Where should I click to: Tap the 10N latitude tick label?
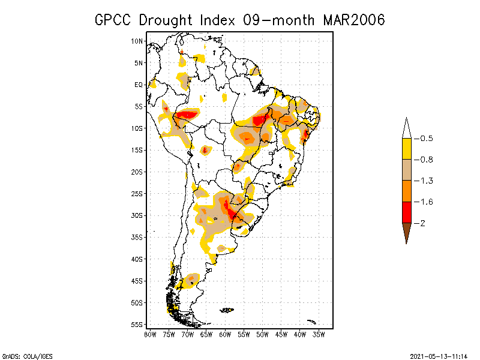[137, 41]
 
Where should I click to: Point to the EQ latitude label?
[139, 85]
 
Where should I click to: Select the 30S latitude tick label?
[137, 215]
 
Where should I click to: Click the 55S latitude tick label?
[137, 325]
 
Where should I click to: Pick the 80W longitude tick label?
[150, 334]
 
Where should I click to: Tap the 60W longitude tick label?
[225, 334]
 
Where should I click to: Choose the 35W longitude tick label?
[319, 334]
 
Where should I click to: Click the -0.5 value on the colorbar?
[424, 139]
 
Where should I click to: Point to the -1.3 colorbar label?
[424, 181]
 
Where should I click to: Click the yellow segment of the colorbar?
[406, 149]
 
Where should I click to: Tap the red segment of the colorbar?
[406, 212]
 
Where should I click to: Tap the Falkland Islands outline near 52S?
[226, 310]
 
